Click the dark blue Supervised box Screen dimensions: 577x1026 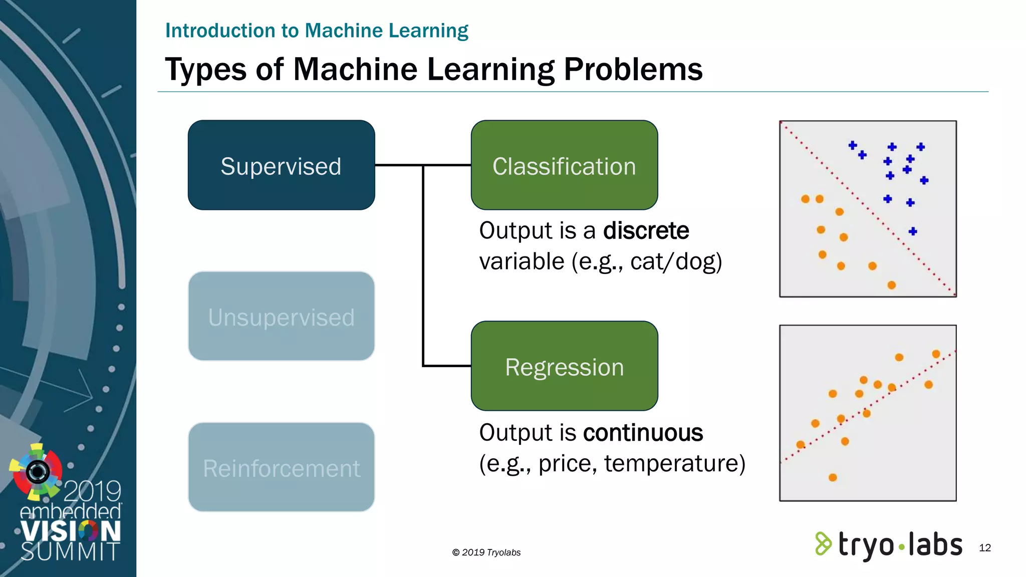click(x=281, y=165)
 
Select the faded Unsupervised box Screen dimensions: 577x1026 click(x=281, y=316)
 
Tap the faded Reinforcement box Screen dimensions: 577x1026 click(x=281, y=467)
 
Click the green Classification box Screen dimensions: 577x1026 click(x=564, y=165)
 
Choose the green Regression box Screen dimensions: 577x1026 click(x=564, y=366)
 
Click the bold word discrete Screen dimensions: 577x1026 click(x=646, y=231)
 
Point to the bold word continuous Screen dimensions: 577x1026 click(x=643, y=433)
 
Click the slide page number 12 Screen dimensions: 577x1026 click(x=984, y=548)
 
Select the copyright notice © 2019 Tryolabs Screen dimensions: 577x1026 click(x=486, y=552)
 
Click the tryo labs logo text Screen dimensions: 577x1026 click(x=900, y=545)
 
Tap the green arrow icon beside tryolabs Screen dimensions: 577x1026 click(x=823, y=544)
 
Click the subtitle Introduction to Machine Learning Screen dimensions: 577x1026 click(x=317, y=31)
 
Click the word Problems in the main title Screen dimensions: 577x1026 click(x=633, y=69)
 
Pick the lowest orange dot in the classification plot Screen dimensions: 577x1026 click(x=891, y=285)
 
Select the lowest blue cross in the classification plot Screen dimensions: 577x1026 click(x=913, y=231)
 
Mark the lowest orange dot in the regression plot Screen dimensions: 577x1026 click(x=833, y=477)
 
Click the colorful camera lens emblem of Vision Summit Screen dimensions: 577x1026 click(x=37, y=471)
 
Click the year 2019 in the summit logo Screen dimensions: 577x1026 click(x=92, y=491)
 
